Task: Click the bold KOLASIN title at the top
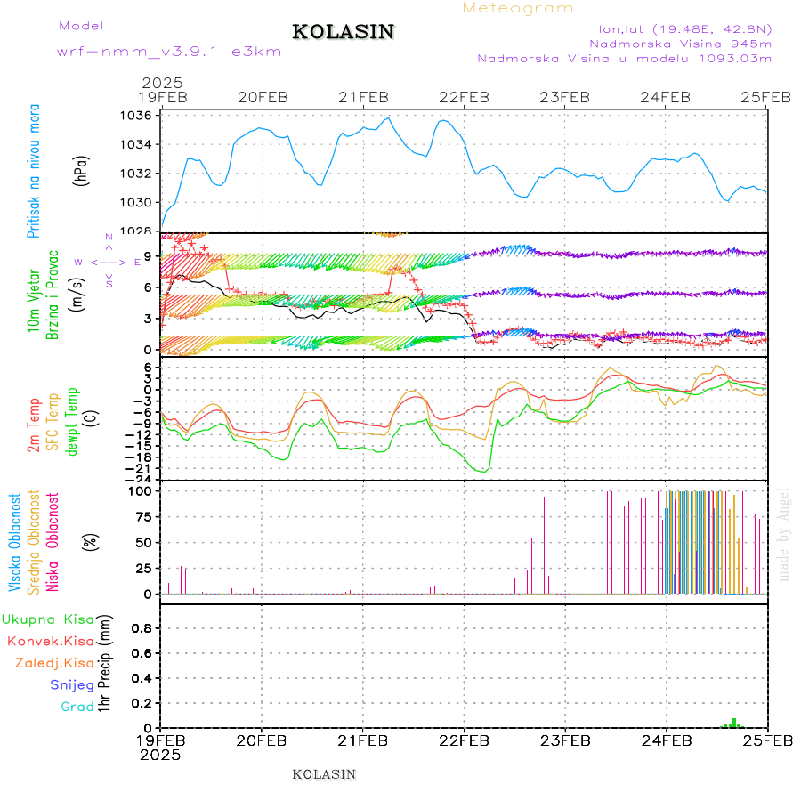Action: click(343, 32)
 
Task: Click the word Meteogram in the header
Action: click(518, 8)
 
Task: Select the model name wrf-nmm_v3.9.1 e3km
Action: click(169, 51)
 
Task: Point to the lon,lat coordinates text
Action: click(685, 27)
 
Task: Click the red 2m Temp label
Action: click(33, 425)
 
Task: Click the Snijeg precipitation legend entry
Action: click(72, 684)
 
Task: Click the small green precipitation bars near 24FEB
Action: click(733, 724)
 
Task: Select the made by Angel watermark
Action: click(784, 534)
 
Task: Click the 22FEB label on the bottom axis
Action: click(464, 740)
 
